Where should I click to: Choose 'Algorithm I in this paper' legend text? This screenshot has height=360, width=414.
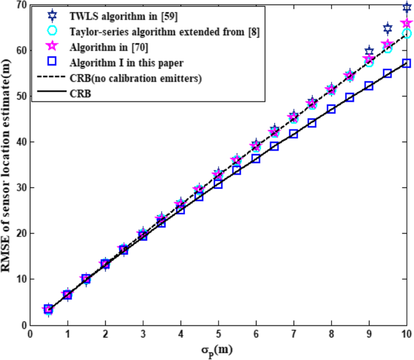(x=126, y=62)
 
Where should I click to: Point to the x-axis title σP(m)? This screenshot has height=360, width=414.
(x=218, y=350)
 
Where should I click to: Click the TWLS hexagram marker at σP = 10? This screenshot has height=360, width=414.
(x=407, y=7)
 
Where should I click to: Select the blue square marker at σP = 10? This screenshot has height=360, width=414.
(x=407, y=64)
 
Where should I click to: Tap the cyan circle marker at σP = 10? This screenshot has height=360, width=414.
(x=407, y=33)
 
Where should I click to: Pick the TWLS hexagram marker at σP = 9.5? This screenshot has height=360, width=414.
(x=388, y=28)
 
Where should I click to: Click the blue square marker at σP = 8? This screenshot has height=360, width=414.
(x=331, y=110)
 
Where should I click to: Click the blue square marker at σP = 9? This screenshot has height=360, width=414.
(x=369, y=87)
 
